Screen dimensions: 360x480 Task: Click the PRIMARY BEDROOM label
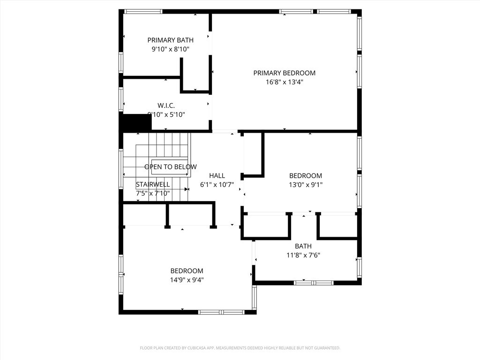(x=284, y=73)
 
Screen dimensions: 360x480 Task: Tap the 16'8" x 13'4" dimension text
(x=284, y=82)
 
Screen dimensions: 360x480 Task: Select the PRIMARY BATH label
(x=170, y=40)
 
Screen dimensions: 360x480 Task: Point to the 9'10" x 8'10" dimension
(x=170, y=49)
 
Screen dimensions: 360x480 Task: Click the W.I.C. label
(x=166, y=105)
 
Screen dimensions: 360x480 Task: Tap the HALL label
(x=217, y=175)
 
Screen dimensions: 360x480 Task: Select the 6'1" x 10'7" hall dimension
(x=217, y=184)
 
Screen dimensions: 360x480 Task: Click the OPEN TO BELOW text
(x=170, y=166)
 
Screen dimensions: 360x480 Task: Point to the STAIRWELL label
(x=153, y=184)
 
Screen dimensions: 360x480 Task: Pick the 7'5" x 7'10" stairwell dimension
(x=153, y=193)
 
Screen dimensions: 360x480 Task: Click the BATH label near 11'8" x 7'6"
(x=303, y=246)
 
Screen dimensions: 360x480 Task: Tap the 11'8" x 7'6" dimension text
(x=303, y=255)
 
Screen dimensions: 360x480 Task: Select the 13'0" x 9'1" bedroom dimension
(x=305, y=185)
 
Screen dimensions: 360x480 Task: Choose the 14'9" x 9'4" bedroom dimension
(x=187, y=280)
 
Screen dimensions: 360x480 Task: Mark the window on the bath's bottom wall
(x=314, y=283)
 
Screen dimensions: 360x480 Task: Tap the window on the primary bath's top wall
(x=143, y=11)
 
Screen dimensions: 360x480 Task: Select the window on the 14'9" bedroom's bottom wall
(x=221, y=312)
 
